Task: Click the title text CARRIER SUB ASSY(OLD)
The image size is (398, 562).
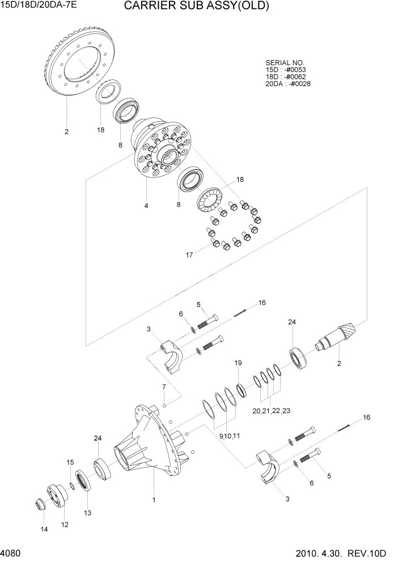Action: [x=196, y=6]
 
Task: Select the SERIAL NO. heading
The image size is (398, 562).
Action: [x=285, y=63]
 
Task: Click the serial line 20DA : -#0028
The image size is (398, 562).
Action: [x=287, y=84]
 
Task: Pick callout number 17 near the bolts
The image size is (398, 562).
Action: [x=189, y=255]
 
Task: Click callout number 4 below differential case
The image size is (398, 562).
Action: [x=146, y=206]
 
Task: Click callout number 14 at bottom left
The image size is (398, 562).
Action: [x=44, y=529]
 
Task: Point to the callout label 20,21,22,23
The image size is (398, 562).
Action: [x=271, y=411]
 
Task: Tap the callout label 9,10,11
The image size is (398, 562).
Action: [x=228, y=436]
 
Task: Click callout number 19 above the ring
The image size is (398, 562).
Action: [x=238, y=363]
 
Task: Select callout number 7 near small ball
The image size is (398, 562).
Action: [x=163, y=387]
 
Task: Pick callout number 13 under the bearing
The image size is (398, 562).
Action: [x=87, y=513]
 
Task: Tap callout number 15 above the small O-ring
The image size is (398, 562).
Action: [x=70, y=463]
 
